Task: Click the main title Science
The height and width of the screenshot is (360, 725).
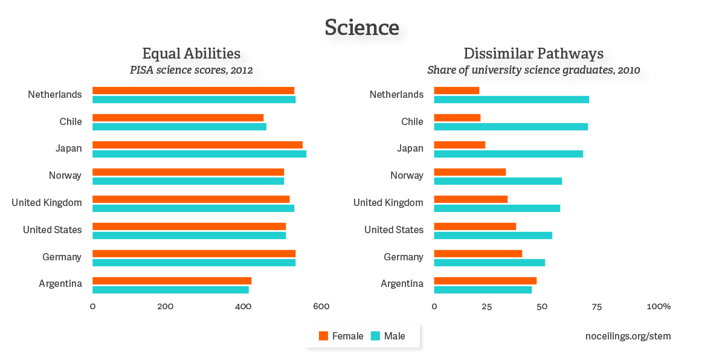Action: click(362, 27)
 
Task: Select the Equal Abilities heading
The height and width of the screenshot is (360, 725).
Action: click(191, 53)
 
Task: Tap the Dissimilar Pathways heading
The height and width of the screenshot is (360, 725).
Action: click(533, 53)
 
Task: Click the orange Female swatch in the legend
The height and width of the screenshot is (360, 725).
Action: click(323, 336)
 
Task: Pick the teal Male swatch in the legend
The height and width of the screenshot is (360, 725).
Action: click(375, 336)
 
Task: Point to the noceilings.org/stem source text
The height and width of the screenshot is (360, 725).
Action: click(628, 336)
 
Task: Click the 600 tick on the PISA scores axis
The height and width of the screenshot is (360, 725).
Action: click(321, 306)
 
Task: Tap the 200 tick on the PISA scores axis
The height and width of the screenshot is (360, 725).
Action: click(165, 306)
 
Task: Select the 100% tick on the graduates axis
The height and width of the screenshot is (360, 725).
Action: click(659, 306)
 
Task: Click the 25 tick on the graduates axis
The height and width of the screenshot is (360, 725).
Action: click(487, 306)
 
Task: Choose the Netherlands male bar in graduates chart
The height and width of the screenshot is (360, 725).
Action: click(511, 100)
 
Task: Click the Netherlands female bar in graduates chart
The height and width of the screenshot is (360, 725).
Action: click(456, 91)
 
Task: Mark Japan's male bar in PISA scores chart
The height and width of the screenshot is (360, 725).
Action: click(199, 154)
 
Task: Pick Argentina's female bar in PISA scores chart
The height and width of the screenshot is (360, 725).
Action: click(172, 281)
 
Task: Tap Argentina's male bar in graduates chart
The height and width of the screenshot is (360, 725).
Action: click(483, 290)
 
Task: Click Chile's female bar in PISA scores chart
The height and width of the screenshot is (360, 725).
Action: click(178, 118)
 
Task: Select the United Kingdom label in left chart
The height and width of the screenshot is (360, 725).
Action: click(47, 202)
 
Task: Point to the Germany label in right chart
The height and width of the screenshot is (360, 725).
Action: click(404, 257)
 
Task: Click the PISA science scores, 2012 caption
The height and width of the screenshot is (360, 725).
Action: click(191, 69)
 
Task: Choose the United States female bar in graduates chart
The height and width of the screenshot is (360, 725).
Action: click(475, 227)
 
